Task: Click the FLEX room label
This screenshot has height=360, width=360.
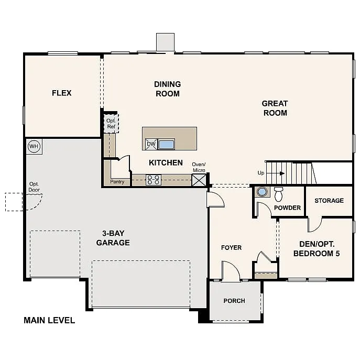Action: click(x=61, y=93)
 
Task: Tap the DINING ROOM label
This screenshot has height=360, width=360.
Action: click(x=167, y=89)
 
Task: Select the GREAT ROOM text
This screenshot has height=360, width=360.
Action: click(x=275, y=108)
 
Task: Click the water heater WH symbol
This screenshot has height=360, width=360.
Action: click(x=34, y=146)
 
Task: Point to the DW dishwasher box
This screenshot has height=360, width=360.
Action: click(x=151, y=144)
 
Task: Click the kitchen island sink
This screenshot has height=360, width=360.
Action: click(x=166, y=144)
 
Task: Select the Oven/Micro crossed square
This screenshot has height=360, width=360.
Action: click(x=199, y=180)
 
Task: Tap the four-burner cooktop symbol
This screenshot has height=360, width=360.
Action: click(x=153, y=180)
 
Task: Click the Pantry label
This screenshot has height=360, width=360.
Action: click(x=117, y=182)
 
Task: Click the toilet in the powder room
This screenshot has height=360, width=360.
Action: click(x=279, y=193)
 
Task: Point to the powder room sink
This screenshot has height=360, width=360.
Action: click(x=262, y=192)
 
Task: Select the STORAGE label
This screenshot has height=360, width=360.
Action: click(x=329, y=201)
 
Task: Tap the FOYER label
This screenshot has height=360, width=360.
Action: click(x=231, y=247)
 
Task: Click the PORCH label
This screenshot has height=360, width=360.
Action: click(x=234, y=301)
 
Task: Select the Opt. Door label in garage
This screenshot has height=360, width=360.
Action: click(x=34, y=187)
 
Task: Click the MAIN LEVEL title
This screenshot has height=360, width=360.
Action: click(x=49, y=320)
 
